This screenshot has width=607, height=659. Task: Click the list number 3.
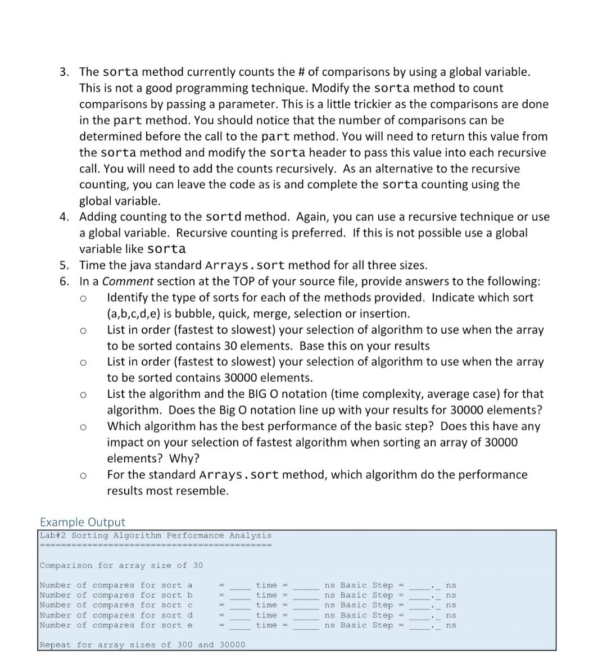[65, 72]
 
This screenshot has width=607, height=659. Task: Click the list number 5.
[65, 265]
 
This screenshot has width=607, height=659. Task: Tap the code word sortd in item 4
[224, 217]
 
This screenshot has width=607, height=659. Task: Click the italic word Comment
[128, 281]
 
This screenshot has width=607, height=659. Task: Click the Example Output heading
[83, 522]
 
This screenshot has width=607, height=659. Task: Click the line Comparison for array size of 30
[121, 565]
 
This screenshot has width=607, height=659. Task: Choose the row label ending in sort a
[116, 585]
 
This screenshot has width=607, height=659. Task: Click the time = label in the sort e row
[271, 625]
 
